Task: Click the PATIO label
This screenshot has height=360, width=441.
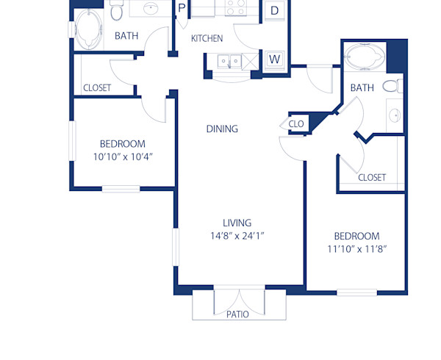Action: (237, 314)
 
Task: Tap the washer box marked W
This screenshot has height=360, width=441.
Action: (275, 59)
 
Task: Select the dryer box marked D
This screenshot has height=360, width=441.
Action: (274, 10)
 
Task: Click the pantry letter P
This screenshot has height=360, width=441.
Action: (182, 8)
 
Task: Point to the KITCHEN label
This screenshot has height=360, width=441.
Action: (207, 38)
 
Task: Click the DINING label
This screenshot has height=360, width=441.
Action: (222, 129)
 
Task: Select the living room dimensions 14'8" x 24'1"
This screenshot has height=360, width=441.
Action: (237, 236)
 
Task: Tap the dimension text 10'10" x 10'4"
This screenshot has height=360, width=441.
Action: (123, 156)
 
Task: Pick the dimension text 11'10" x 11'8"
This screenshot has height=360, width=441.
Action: (356, 248)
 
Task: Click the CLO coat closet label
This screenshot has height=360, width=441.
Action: (296, 124)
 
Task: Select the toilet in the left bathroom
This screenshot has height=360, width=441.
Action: (117, 12)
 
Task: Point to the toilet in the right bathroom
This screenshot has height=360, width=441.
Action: (393, 86)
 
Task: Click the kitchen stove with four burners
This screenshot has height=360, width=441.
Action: (237, 8)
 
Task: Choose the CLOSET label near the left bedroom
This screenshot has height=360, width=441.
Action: (97, 87)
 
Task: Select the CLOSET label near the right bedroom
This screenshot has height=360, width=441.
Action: (372, 177)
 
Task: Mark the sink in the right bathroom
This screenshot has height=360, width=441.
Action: (395, 115)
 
